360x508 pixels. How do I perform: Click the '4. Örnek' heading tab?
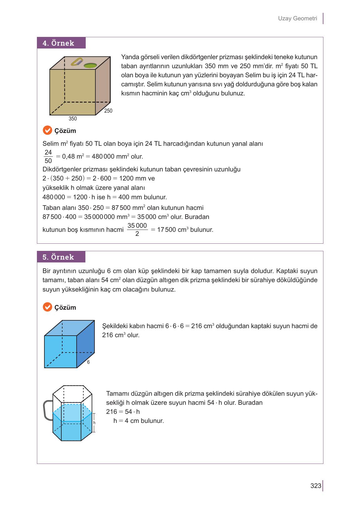[61, 43]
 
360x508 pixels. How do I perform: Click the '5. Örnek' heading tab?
[61, 257]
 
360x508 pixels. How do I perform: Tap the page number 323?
[316, 486]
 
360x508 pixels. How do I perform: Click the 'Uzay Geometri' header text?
[297, 18]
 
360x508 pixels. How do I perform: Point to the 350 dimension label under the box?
[73, 119]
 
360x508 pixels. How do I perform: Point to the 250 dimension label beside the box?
[108, 111]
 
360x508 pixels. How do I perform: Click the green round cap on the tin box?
[90, 65]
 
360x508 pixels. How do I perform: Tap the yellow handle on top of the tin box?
[77, 62]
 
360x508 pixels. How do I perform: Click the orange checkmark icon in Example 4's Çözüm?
[47, 130]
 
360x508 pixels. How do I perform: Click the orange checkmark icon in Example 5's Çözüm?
[47, 307]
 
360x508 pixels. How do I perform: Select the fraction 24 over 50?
[48, 156]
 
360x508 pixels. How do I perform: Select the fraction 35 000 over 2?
[137, 230]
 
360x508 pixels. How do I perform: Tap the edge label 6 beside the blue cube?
[89, 362]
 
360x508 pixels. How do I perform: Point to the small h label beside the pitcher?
[94, 423]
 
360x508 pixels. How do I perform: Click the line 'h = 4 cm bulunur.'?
[139, 421]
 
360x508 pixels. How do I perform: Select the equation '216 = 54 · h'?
[123, 412]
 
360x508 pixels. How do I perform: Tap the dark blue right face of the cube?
[86, 343]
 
